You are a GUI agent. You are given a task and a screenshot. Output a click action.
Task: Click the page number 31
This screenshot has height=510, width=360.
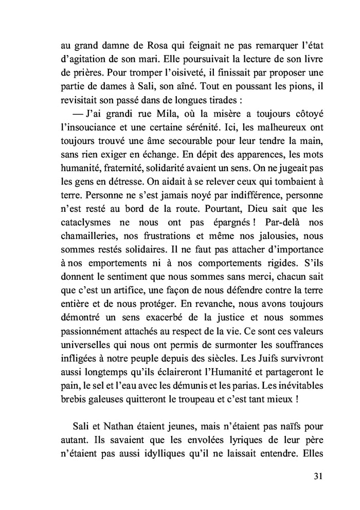coord(317,475)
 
